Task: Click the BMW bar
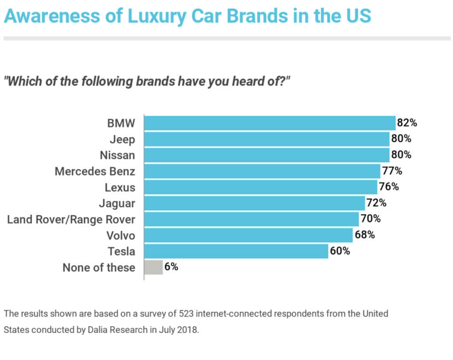point(270,123)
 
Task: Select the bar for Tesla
point(236,251)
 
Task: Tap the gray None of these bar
point(154,267)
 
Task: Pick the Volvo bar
point(249,235)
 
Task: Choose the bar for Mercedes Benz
point(262,171)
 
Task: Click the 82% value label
point(407,123)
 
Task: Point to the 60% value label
point(340,251)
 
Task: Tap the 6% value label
point(171,267)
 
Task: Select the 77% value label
point(392,171)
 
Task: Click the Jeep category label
point(123,139)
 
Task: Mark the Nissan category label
point(118,155)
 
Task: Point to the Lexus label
point(120,187)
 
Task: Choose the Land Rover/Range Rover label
point(71,219)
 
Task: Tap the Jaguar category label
point(117,203)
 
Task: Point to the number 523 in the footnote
point(185,314)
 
